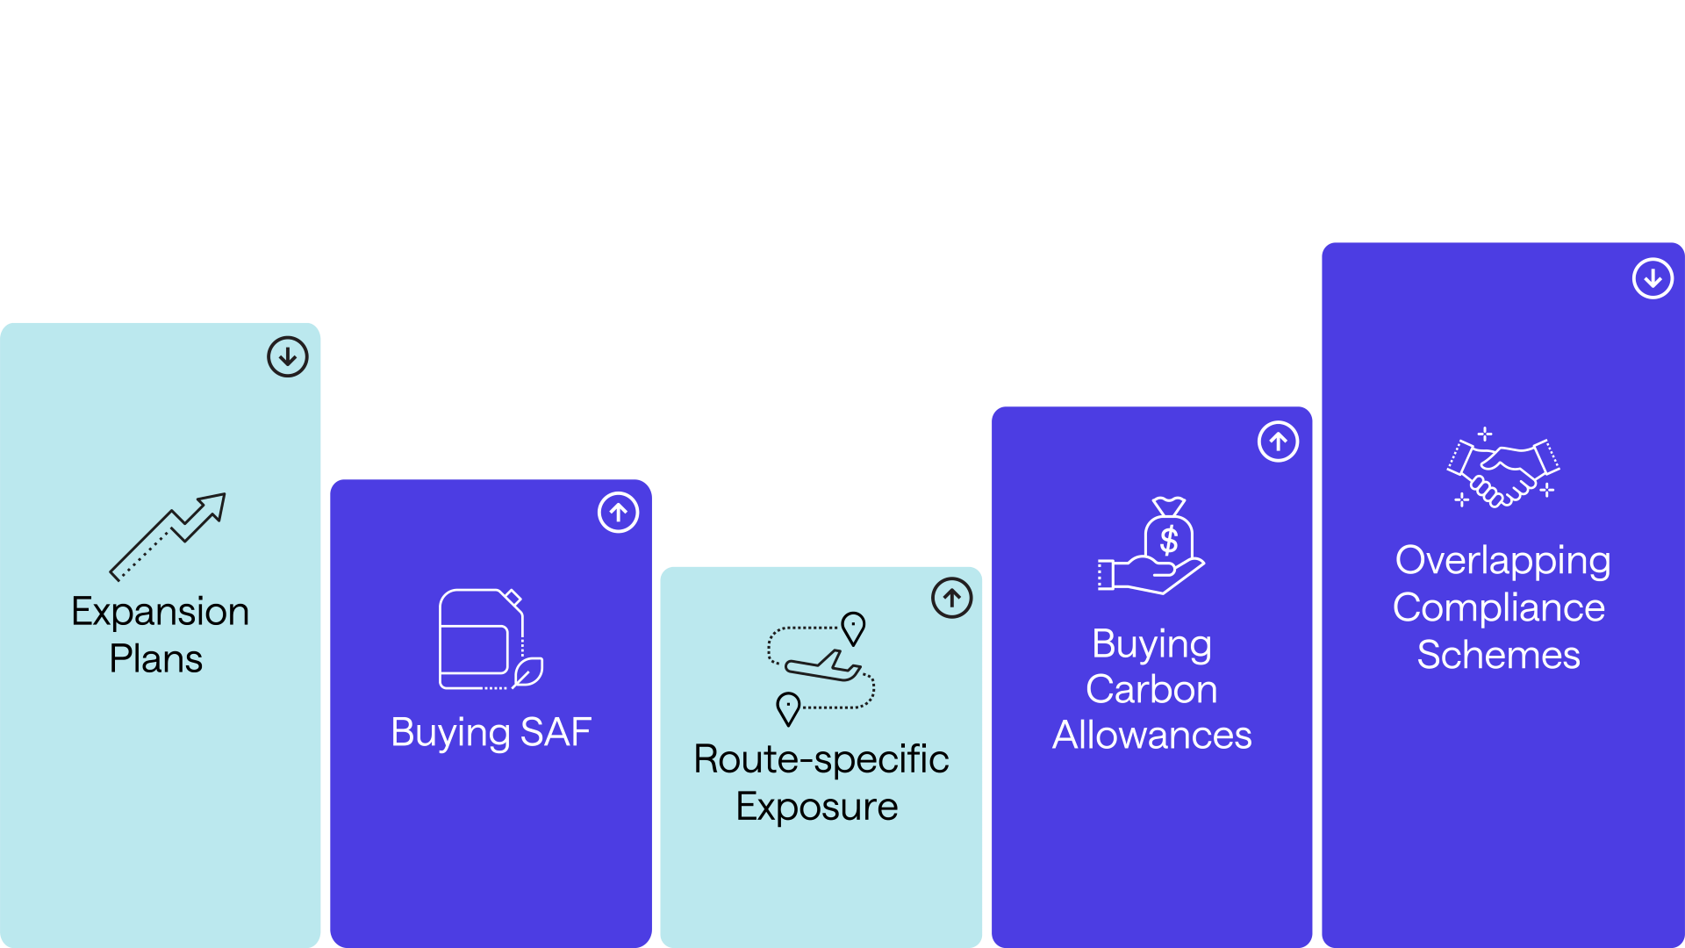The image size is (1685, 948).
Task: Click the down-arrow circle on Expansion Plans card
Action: (x=287, y=357)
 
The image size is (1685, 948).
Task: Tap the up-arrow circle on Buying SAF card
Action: (x=619, y=513)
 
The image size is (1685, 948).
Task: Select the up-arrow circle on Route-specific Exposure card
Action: (x=951, y=599)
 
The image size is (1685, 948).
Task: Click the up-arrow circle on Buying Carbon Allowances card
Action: (x=1278, y=442)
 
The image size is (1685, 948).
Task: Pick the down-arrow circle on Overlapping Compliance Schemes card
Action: (x=1653, y=279)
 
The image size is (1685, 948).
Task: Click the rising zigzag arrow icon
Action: (x=168, y=536)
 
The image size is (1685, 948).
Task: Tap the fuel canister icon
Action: (x=482, y=639)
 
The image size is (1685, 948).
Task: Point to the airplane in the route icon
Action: (x=823, y=666)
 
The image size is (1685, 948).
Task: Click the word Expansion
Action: (x=160, y=612)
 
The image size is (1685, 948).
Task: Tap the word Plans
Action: (x=155, y=659)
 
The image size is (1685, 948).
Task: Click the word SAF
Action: (x=556, y=733)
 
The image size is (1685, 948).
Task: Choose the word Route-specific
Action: (x=821, y=760)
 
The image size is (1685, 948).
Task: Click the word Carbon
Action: (x=1151, y=690)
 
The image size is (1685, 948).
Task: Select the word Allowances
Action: (x=1151, y=736)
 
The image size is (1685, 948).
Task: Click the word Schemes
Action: (x=1498, y=656)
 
